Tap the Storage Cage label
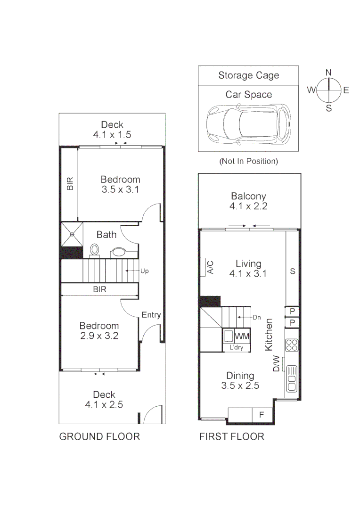coord(248,75)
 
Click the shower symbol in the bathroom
coord(72,233)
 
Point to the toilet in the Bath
coord(94,250)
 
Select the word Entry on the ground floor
coord(151,315)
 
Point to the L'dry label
coord(237,348)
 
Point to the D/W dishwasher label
coord(277,364)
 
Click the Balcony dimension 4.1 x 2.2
coord(248,206)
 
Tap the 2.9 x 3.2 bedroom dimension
coord(99,336)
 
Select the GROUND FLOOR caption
coord(99,436)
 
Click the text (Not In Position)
coord(248,161)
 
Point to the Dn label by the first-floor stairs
coord(257,317)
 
